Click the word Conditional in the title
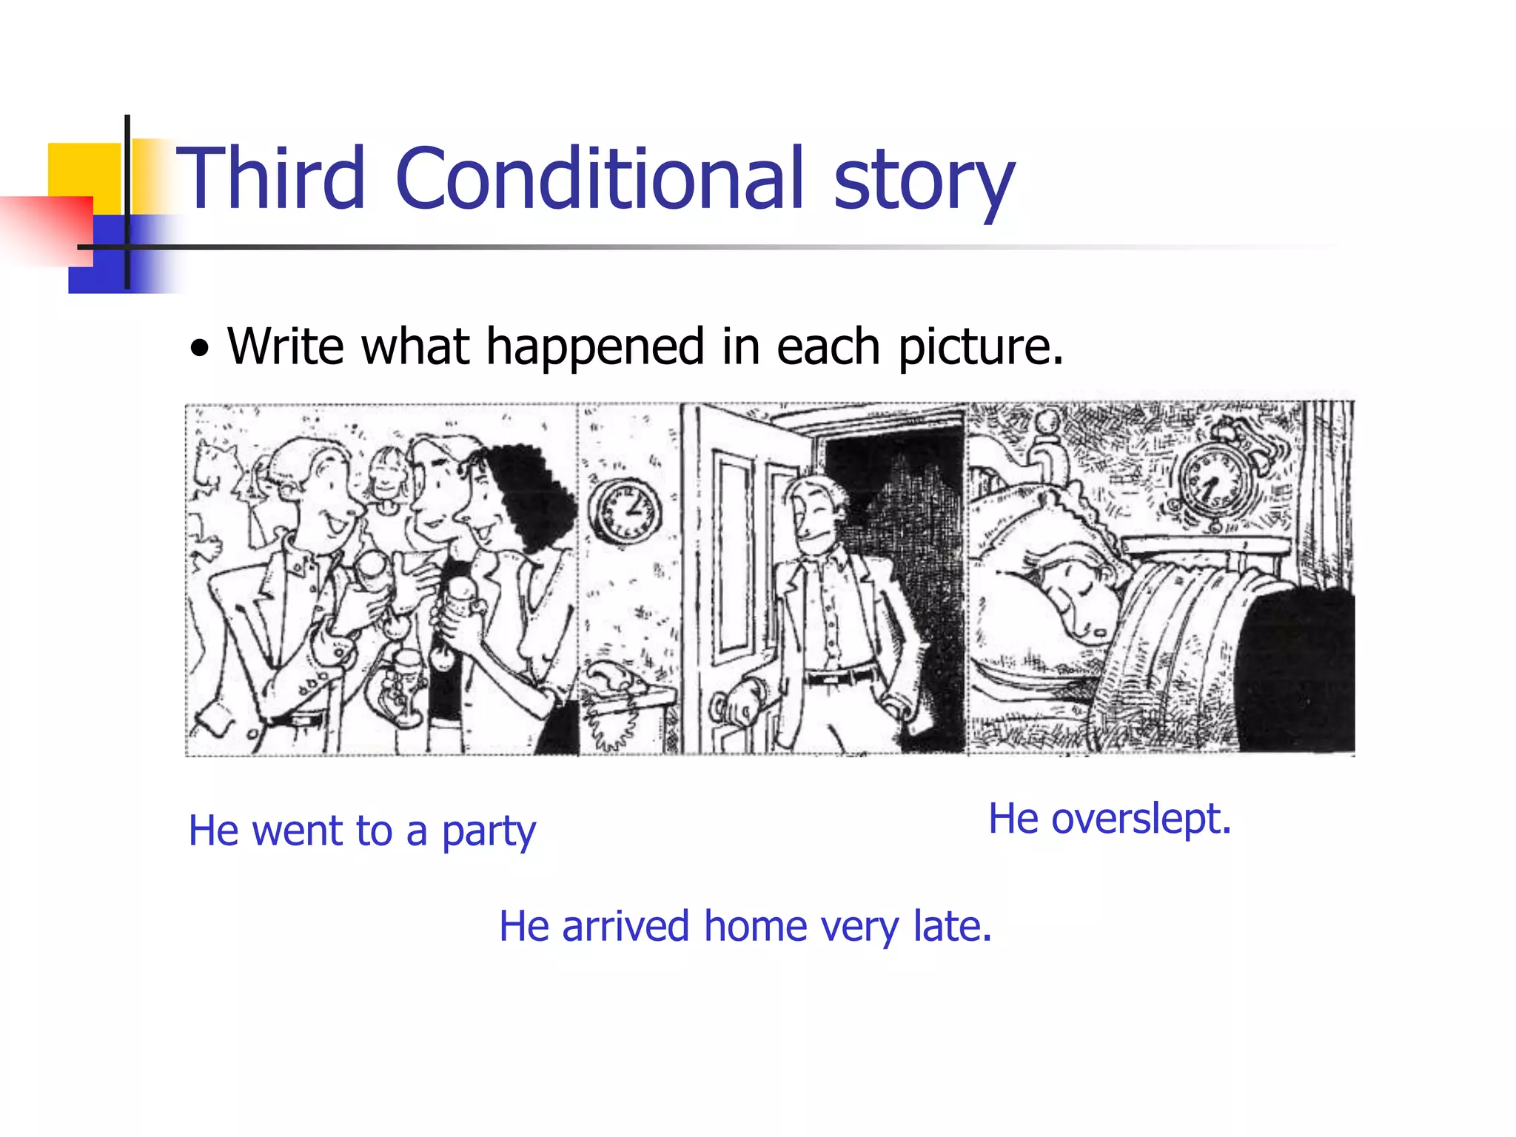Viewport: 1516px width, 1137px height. click(x=600, y=178)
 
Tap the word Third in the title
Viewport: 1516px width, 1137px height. click(x=271, y=178)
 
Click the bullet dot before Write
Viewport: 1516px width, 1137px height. click(x=199, y=348)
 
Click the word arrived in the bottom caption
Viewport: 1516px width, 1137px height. click(x=626, y=926)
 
